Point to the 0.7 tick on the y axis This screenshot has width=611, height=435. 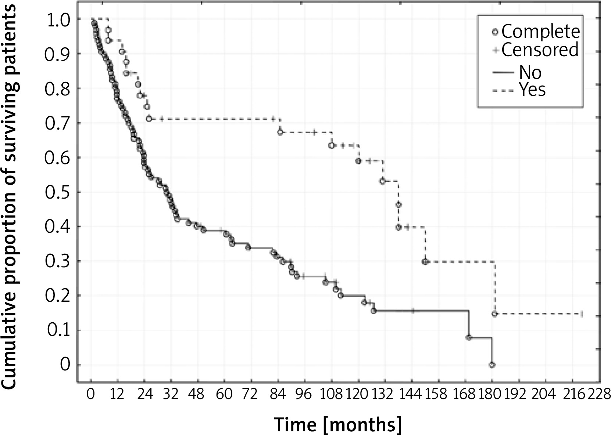click(57, 123)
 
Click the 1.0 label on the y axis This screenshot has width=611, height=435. click(57, 19)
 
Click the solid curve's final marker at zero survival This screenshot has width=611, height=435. click(492, 365)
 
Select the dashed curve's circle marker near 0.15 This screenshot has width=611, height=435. click(495, 314)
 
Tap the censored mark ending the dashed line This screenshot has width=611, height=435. click(582, 314)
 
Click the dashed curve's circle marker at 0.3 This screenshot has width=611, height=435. click(425, 262)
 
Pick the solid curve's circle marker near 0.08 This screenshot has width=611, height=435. click(469, 337)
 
